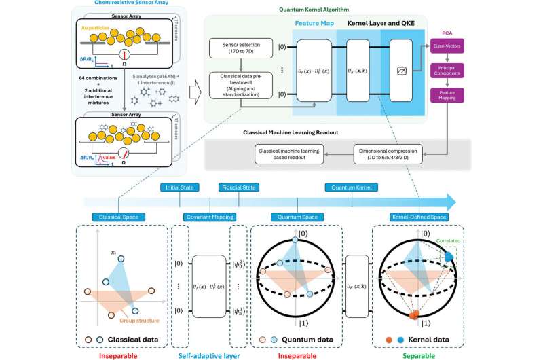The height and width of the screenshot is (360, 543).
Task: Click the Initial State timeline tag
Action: [x=179, y=187]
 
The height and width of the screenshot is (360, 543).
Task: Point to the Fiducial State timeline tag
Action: [x=236, y=187]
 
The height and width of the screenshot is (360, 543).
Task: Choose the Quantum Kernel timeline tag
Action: [x=351, y=187]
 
